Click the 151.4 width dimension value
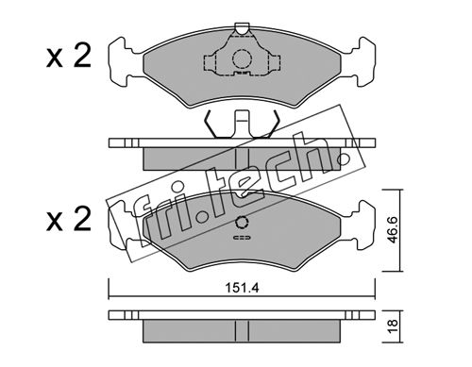[x=242, y=288]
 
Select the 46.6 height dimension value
[x=393, y=230]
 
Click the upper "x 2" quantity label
[x=69, y=56]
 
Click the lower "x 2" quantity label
[x=69, y=219]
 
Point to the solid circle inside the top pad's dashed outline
[x=243, y=58]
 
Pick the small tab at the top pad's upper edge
[x=242, y=28]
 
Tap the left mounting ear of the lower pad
[x=126, y=225]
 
